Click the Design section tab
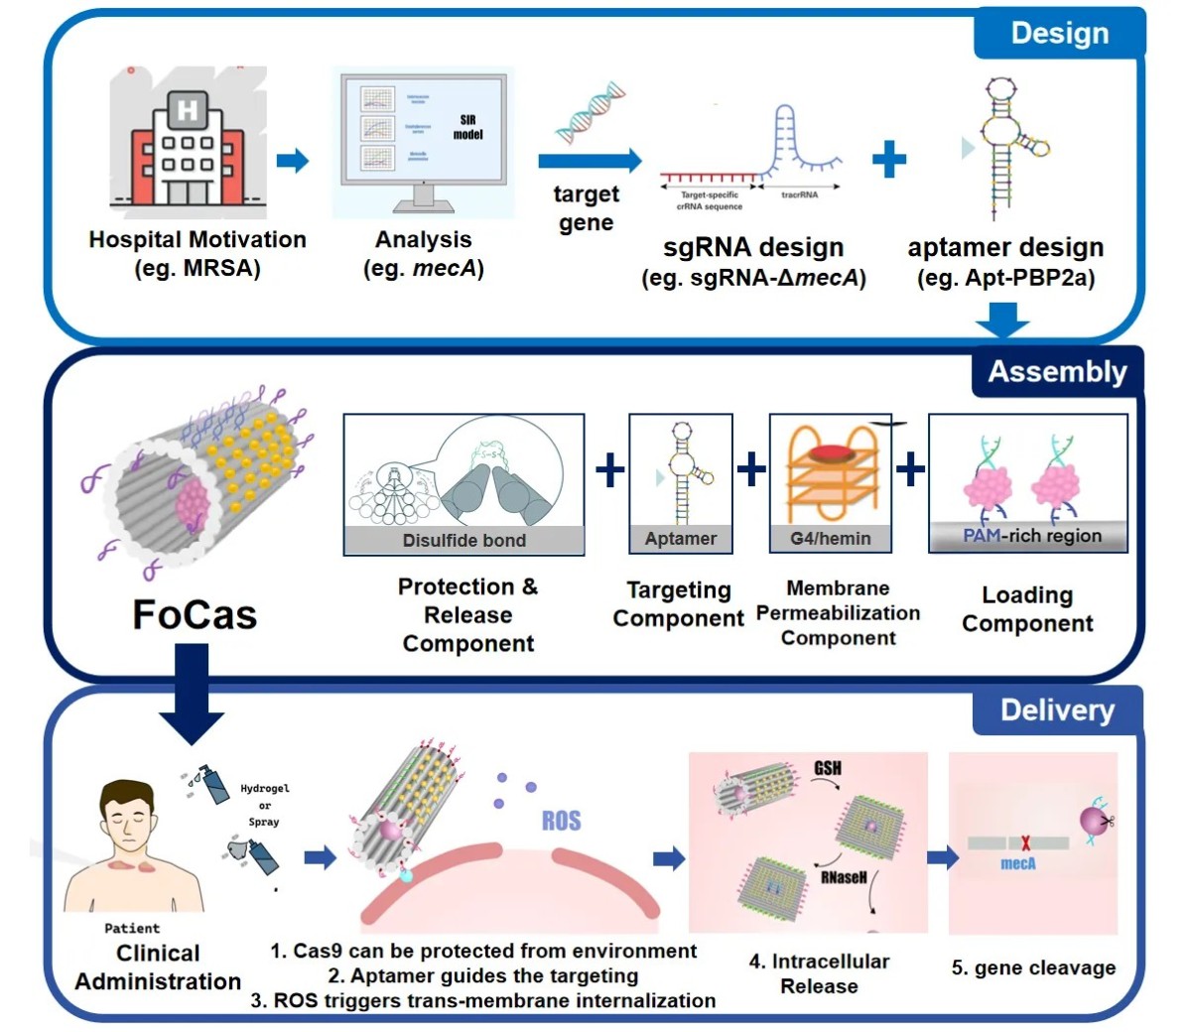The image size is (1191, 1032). click(x=1059, y=33)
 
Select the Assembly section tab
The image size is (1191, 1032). click(x=1057, y=372)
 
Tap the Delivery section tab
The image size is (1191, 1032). click(x=1057, y=710)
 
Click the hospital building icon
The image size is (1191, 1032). click(x=188, y=144)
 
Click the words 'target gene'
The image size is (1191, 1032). click(x=586, y=208)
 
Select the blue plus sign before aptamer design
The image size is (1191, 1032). click(x=889, y=159)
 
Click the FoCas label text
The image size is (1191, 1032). click(x=195, y=615)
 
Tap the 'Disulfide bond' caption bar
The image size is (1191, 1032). click(x=463, y=540)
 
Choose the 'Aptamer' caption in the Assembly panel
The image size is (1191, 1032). click(x=681, y=538)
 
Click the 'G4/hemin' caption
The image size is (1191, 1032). click(x=834, y=538)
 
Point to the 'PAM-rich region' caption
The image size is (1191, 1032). click(x=1032, y=536)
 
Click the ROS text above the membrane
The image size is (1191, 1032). click(x=561, y=821)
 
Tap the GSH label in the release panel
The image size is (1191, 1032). click(x=828, y=769)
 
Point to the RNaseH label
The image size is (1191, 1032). click(x=844, y=877)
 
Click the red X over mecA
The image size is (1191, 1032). click(x=1025, y=843)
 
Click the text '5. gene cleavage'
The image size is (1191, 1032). click(x=1033, y=967)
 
